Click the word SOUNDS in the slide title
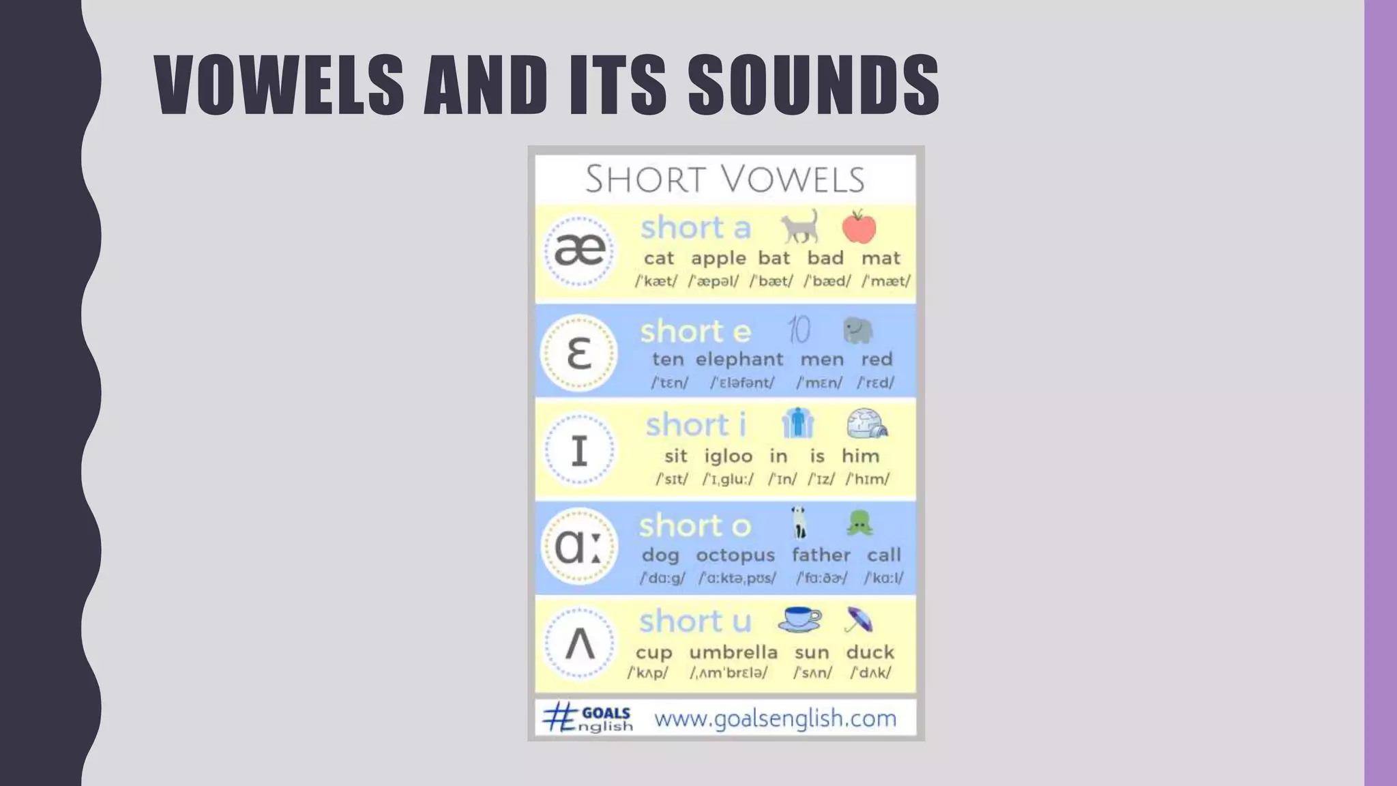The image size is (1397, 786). tap(813, 85)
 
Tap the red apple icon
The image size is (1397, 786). tap(859, 227)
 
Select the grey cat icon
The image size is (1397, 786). tap(800, 226)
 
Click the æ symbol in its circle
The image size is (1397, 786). tap(579, 250)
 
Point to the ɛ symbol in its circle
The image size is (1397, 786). tap(579, 353)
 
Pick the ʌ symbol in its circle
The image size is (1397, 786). tap(580, 643)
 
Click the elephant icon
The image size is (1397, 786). tap(857, 330)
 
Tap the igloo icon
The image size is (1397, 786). tap(866, 424)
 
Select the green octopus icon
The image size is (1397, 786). tap(859, 523)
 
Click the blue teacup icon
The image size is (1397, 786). tap(800, 619)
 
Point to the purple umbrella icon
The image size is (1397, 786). tap(858, 620)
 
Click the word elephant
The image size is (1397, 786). tap(739, 360)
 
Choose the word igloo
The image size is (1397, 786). tap(728, 456)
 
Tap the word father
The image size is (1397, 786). tap(821, 555)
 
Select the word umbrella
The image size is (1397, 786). tap(733, 652)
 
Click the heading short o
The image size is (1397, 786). tap(694, 526)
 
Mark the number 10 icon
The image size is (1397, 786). tap(799, 330)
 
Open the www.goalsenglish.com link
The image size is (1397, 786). tap(775, 718)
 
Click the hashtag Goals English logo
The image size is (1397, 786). tap(587, 718)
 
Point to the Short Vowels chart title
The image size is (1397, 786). tap(725, 179)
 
